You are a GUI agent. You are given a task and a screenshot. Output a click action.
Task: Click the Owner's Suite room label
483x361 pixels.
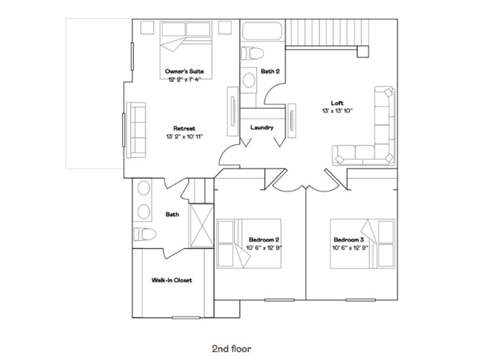[x=184, y=71]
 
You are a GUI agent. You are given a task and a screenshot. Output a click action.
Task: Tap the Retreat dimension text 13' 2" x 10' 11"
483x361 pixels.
[x=184, y=137]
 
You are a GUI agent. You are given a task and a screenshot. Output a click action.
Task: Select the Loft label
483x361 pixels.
[x=337, y=103]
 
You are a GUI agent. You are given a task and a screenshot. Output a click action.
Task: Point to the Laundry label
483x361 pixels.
[x=262, y=127]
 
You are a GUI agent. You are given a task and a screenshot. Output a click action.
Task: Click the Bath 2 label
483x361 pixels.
[x=270, y=71]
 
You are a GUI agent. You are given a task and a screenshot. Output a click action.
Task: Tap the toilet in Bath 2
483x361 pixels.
[x=252, y=54]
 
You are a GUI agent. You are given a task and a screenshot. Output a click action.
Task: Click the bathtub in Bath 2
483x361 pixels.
[x=262, y=31]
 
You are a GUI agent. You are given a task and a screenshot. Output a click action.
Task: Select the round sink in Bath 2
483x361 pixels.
[x=249, y=80]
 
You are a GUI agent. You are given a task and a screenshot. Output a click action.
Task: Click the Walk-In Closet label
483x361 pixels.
[x=172, y=280]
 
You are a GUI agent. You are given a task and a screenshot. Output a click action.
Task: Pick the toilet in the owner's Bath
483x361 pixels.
[x=145, y=234]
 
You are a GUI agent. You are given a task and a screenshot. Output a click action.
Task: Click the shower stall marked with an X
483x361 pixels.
[x=202, y=226]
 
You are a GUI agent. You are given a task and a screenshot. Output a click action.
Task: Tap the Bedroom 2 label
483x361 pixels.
[x=264, y=240]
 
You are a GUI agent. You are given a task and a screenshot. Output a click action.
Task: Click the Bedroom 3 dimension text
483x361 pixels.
[x=350, y=248]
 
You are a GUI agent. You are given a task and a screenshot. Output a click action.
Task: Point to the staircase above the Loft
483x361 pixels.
[x=327, y=32]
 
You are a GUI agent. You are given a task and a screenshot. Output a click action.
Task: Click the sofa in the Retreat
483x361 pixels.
[x=136, y=130]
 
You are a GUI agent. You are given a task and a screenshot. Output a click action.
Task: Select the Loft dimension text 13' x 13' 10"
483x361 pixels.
[x=338, y=111]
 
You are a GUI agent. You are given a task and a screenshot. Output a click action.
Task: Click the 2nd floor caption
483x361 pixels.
[x=232, y=349]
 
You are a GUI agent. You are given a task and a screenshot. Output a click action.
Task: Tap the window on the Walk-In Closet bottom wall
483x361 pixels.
[x=186, y=318]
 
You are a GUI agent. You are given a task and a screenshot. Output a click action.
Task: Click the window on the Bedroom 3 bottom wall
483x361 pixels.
[x=360, y=300]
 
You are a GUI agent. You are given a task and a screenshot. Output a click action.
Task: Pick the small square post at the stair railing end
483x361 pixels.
[x=363, y=52]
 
